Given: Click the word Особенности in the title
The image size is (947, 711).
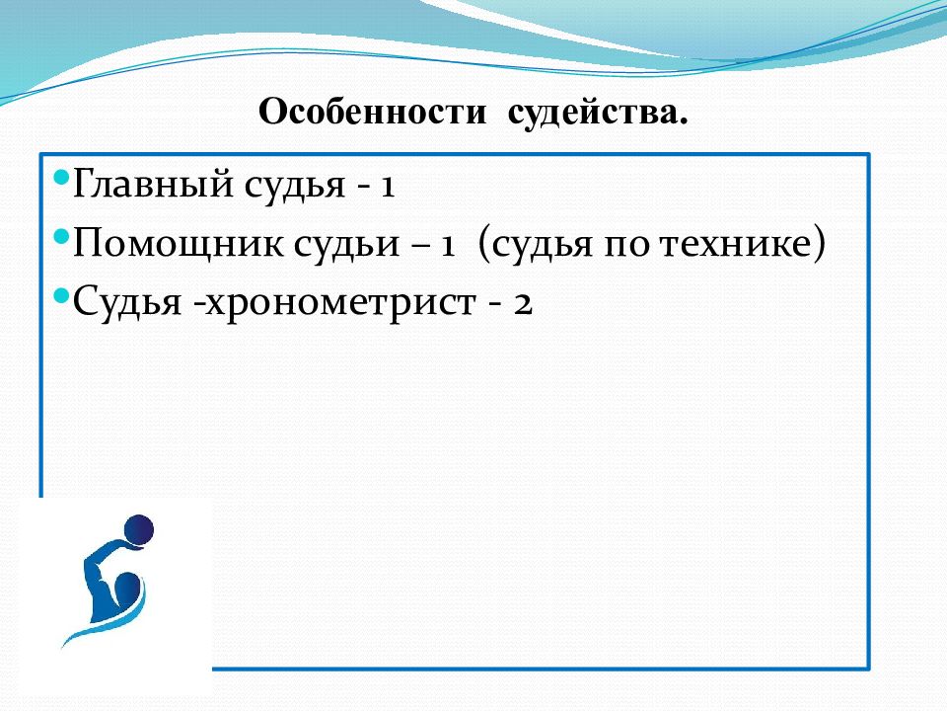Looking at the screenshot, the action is click(372, 112).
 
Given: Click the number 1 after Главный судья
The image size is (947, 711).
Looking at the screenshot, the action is click(387, 185).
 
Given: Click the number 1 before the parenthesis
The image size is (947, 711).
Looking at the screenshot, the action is click(447, 246).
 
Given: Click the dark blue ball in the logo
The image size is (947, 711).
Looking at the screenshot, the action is click(139, 530).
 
